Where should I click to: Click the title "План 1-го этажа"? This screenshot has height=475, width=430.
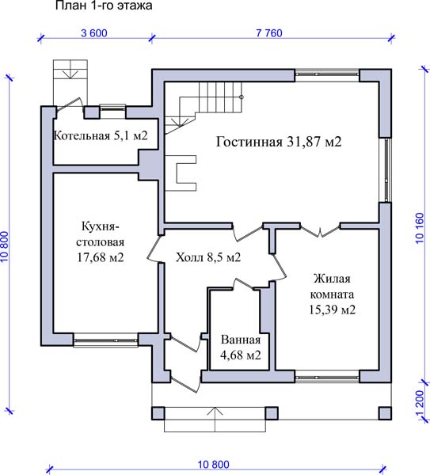click(104, 6)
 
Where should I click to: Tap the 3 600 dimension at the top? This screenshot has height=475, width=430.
click(94, 33)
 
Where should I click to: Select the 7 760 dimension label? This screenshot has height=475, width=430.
click(269, 33)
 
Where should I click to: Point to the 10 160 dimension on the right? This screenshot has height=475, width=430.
click(420, 228)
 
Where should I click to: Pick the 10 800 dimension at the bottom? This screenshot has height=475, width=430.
click(214, 465)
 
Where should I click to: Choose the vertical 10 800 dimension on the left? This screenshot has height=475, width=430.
click(6, 246)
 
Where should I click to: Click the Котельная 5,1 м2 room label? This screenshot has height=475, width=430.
click(101, 135)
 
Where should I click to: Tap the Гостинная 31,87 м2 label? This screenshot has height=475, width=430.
click(279, 142)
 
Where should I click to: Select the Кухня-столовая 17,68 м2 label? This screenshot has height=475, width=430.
click(101, 241)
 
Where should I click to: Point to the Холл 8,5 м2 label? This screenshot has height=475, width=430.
click(208, 257)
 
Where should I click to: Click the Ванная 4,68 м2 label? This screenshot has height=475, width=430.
click(241, 348)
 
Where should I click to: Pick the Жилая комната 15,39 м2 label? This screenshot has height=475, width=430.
click(332, 294)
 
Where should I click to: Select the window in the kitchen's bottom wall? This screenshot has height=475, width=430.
click(106, 340)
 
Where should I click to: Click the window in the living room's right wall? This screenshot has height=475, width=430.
click(386, 170)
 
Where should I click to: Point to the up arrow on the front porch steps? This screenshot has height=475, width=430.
click(215, 420)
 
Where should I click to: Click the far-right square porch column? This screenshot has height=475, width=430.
click(385, 413)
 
